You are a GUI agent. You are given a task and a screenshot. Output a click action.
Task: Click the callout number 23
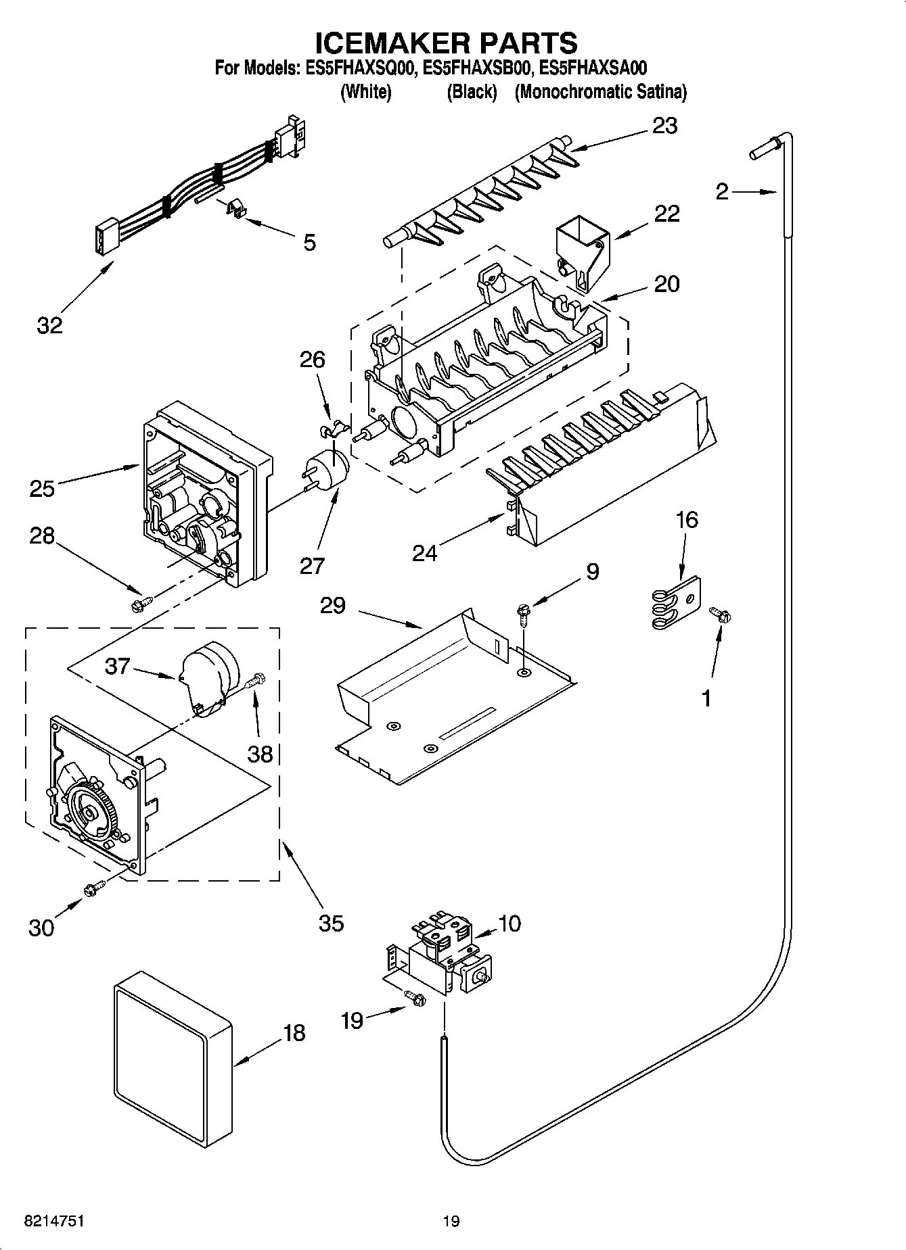(x=664, y=126)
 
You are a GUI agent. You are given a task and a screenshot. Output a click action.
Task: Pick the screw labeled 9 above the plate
(x=524, y=612)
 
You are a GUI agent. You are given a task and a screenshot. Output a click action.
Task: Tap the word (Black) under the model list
(x=472, y=92)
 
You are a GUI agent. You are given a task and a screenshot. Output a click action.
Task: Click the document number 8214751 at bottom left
(x=54, y=1221)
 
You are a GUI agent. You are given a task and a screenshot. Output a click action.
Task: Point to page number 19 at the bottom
(x=451, y=1221)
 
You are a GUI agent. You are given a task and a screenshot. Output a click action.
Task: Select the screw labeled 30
(x=93, y=889)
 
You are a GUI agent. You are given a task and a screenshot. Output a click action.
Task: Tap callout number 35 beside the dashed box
(x=331, y=923)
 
